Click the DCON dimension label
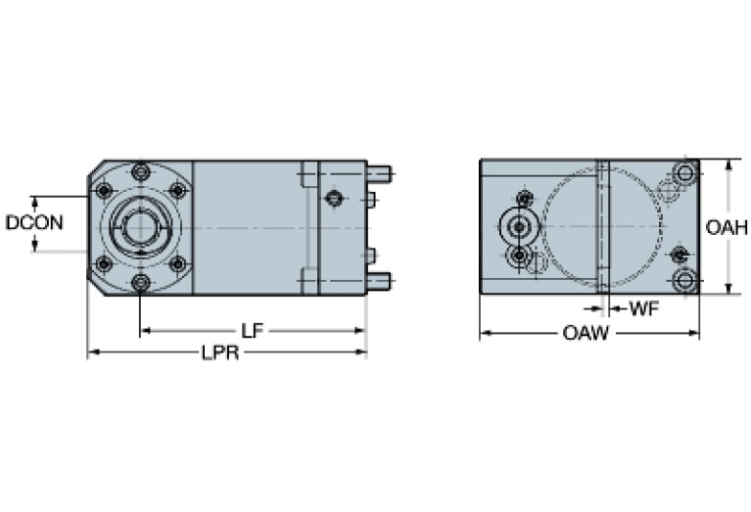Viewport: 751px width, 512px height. click(34, 222)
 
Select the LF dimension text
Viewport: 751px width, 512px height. click(253, 331)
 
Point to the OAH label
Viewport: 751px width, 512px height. click(727, 228)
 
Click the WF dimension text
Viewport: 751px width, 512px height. click(642, 309)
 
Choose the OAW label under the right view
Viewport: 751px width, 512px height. click(586, 334)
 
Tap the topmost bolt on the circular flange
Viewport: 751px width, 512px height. click(141, 172)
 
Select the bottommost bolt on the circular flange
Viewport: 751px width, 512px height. click(141, 283)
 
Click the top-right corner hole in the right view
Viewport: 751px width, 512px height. click(684, 174)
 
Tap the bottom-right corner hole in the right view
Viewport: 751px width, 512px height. click(684, 281)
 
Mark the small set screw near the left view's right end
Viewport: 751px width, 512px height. click(335, 199)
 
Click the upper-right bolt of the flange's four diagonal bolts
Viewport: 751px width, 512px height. click(177, 190)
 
